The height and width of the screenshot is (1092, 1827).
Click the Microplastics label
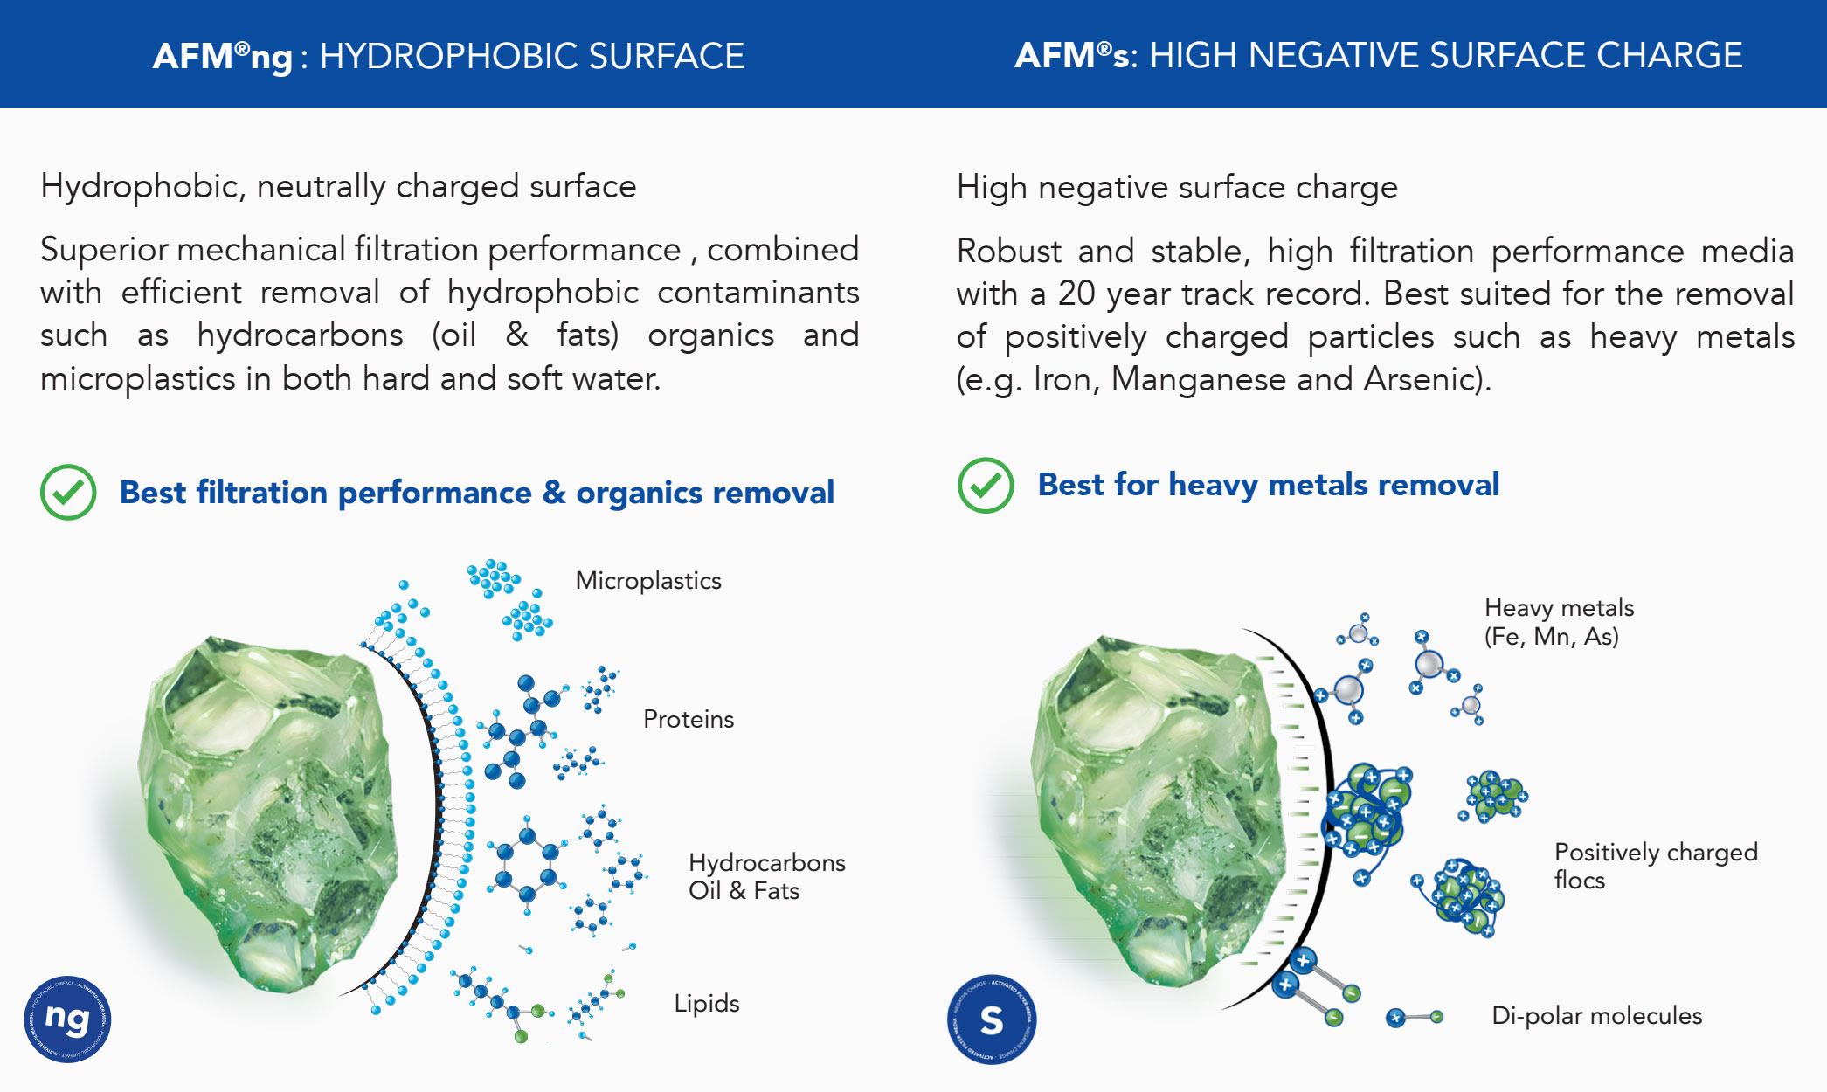[x=648, y=581]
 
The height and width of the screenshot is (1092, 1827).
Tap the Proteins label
[x=689, y=719]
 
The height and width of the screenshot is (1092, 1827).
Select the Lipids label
[x=707, y=1003]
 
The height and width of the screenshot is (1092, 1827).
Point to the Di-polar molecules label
[x=1597, y=1015]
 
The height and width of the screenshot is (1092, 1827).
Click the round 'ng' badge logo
[x=67, y=1019]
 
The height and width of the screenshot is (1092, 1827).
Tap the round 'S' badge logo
[x=992, y=1019]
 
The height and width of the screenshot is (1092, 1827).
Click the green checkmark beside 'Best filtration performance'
[x=68, y=493]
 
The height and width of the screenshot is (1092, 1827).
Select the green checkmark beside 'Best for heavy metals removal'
[x=986, y=485]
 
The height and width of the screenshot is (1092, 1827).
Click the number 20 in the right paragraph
[x=1076, y=294]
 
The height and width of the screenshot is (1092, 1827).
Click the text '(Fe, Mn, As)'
[x=1552, y=636]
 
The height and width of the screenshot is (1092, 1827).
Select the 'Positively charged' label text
[x=1656, y=852]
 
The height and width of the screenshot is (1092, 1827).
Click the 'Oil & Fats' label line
[x=744, y=890]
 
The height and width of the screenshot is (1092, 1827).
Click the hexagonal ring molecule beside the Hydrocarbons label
[x=527, y=865]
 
